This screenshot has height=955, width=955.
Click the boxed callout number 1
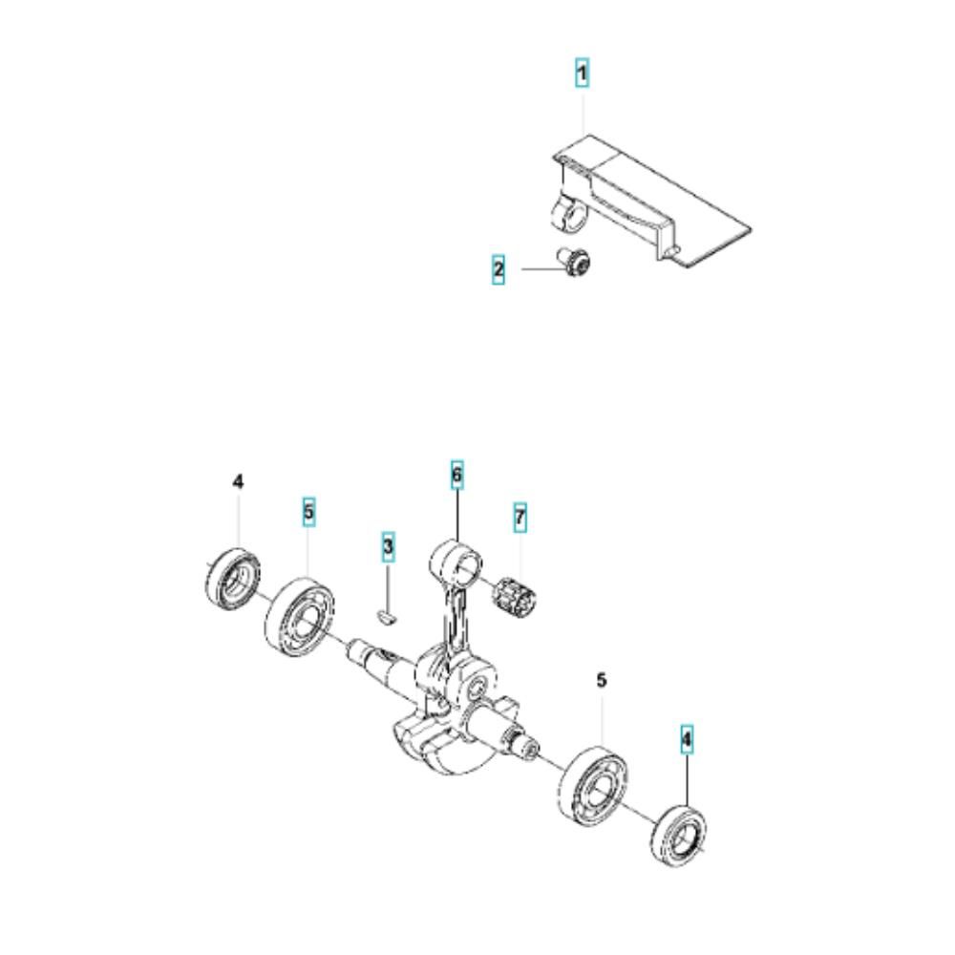[x=582, y=73]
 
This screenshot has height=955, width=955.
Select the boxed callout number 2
[x=499, y=270]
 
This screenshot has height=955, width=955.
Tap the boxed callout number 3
[x=388, y=546]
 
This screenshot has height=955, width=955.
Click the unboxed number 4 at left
[x=239, y=482]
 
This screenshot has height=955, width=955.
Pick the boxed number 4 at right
[x=687, y=738]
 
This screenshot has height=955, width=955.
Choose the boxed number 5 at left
[x=308, y=513]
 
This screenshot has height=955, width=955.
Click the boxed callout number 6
[x=456, y=474]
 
